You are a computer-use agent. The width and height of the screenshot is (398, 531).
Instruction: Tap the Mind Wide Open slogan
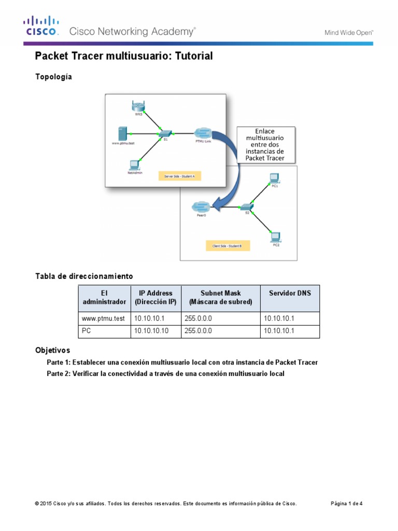tap(349, 32)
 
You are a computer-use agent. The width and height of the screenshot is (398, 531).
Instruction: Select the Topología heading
tap(53, 77)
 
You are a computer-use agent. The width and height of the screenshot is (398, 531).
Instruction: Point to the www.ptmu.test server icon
tap(122, 132)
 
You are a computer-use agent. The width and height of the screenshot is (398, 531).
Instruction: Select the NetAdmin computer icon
tap(134, 165)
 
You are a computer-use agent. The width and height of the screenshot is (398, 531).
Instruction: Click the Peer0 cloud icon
tap(201, 207)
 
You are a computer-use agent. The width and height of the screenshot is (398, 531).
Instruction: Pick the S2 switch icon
tap(246, 207)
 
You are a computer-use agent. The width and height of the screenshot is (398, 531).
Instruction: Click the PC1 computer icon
tap(274, 178)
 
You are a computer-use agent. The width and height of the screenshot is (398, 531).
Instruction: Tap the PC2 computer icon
tap(275, 236)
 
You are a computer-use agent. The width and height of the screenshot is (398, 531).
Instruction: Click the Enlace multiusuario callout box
tap(266, 144)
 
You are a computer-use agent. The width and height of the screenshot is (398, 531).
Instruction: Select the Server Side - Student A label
tap(179, 177)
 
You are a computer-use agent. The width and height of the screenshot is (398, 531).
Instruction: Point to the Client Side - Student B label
tap(231, 244)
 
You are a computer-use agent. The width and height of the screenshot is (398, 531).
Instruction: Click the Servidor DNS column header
tap(290, 293)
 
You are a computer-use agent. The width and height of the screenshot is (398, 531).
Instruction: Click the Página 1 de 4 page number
tap(347, 504)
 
